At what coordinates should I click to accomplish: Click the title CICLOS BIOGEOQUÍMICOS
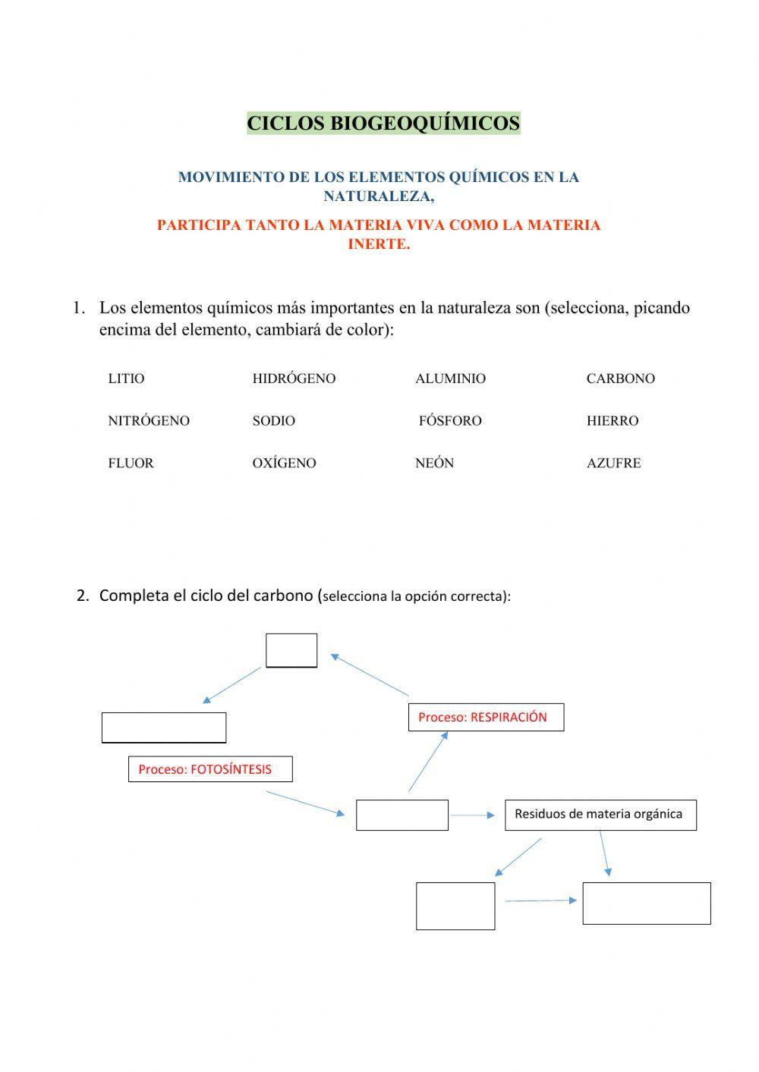(x=383, y=123)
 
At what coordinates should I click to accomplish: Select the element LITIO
(x=126, y=379)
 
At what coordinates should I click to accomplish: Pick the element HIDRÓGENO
(x=294, y=379)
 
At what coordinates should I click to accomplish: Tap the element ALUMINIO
(x=450, y=379)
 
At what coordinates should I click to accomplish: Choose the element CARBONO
(x=620, y=379)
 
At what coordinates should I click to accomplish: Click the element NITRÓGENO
(x=149, y=421)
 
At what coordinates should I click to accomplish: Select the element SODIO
(x=273, y=421)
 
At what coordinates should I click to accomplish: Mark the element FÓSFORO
(x=450, y=421)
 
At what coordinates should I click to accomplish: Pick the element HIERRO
(x=612, y=421)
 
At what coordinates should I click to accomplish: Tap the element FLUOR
(x=131, y=464)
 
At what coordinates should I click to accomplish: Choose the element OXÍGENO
(x=284, y=464)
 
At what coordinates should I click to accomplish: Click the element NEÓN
(x=434, y=464)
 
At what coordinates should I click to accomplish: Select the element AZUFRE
(x=613, y=464)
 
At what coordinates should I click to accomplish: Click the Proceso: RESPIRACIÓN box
(x=486, y=717)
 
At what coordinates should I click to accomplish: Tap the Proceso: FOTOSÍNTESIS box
(x=210, y=769)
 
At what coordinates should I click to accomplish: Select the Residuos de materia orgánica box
(x=600, y=815)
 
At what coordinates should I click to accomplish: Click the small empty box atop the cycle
(x=291, y=650)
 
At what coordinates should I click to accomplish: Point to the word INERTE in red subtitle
(x=379, y=244)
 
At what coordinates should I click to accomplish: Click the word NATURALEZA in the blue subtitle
(x=378, y=196)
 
